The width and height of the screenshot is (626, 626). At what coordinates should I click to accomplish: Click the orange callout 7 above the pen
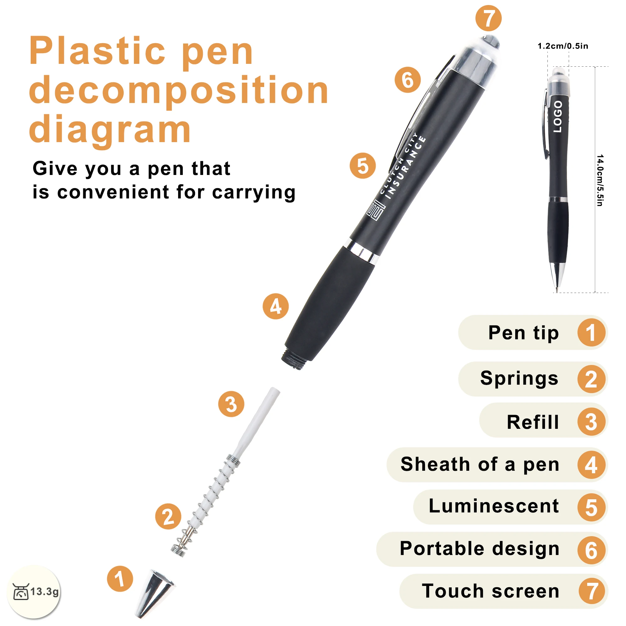[488, 18]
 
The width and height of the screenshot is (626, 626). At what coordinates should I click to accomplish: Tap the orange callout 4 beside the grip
[275, 306]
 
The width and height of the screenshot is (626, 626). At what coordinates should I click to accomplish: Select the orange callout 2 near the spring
[168, 516]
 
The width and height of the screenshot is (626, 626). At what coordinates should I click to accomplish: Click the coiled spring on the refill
[208, 505]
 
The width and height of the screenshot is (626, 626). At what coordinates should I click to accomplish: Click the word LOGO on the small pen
[558, 116]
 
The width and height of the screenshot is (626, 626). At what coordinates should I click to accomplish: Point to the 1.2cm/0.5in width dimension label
[563, 46]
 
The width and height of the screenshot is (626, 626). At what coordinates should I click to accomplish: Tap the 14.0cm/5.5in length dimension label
[600, 180]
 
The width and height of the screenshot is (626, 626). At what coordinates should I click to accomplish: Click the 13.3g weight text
[45, 591]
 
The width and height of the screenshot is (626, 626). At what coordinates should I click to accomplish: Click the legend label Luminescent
[494, 506]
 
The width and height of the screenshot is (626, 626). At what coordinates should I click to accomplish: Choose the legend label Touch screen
[490, 591]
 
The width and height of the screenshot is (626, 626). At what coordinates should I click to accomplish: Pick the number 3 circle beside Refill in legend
[591, 422]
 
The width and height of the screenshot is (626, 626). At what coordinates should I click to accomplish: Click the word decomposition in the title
[179, 91]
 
